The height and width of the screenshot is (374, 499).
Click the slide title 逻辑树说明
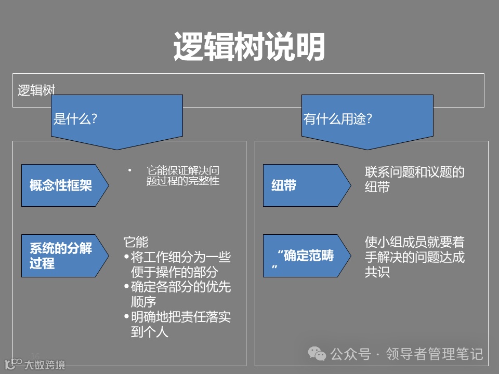coord(249,47)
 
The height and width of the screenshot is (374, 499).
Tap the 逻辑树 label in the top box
coord(36,90)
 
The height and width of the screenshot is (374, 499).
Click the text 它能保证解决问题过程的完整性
coord(183,176)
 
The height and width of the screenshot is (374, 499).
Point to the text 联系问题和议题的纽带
coord(414,180)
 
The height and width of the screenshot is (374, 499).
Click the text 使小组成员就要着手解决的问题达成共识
coord(414,257)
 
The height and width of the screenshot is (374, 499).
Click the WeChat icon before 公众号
coord(317,354)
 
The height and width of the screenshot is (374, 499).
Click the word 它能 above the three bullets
coord(136,242)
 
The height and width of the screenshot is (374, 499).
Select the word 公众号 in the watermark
coord(351,354)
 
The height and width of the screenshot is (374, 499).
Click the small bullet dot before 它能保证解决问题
coord(129,170)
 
